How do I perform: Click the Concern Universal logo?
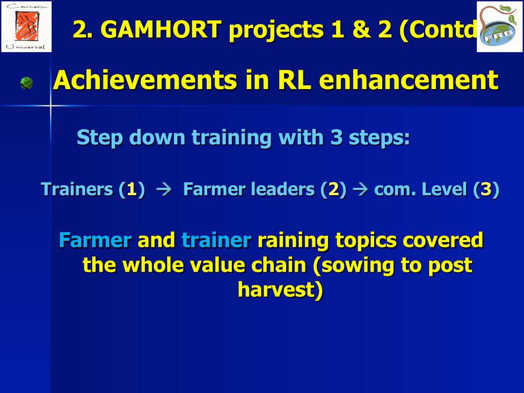[27, 27]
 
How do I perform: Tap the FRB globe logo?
[500, 27]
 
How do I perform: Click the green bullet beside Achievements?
[27, 83]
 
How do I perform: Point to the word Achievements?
[145, 80]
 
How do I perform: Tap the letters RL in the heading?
[294, 80]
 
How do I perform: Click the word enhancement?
[409, 80]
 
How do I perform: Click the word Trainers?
[77, 189]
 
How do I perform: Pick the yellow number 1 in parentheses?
[132, 189]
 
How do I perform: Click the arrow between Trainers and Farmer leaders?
[164, 189]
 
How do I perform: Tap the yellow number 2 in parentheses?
[333, 189]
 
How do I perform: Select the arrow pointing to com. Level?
[360, 189]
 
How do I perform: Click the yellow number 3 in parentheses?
[486, 189]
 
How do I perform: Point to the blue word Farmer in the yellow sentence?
[95, 240]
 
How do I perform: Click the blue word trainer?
[216, 240]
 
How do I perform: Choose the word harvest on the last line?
[276, 290]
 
